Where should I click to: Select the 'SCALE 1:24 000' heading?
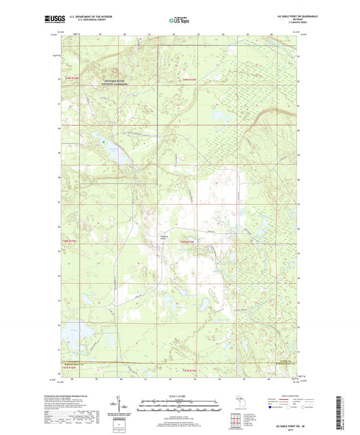click(180, 395)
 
